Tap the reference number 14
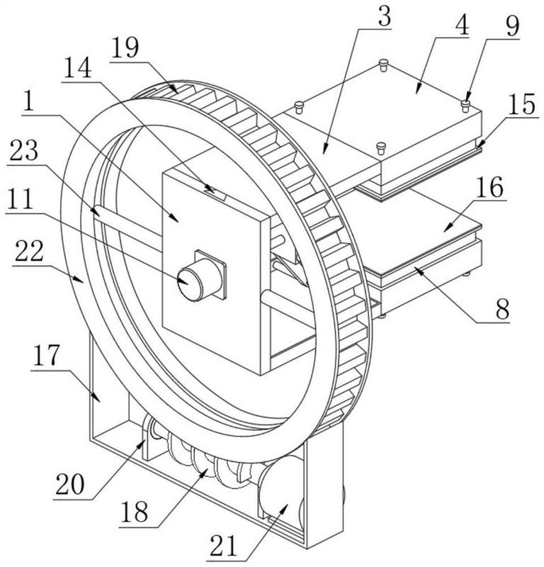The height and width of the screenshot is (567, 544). pos(77,68)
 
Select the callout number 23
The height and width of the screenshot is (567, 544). pos(24,150)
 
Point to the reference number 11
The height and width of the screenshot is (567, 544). pos(19,199)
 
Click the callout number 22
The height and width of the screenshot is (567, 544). pos(29,252)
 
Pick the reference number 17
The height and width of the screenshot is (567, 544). pos(46,356)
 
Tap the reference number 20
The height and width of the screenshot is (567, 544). pos(69,485)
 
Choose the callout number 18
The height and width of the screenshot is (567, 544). pos(135,512)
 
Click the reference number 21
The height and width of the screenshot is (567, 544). pos(224,546)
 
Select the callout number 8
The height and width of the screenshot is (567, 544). pos(502,309)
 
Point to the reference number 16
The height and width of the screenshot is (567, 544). pos(489,187)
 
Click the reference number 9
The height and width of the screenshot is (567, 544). pos(513,26)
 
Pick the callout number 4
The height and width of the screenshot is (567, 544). pos(462,26)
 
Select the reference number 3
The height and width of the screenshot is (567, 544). pos(384,16)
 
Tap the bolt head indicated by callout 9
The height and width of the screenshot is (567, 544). pos(465,106)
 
